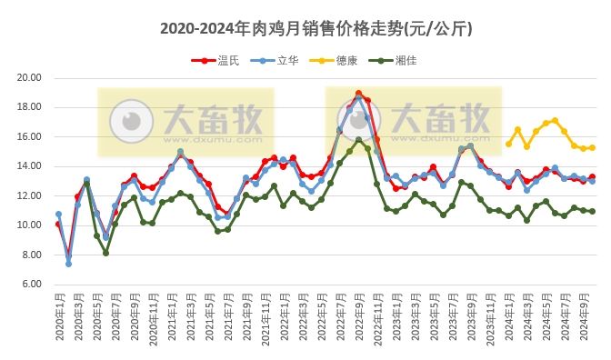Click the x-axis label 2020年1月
[x=58, y=317]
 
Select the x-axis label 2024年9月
[x=583, y=317]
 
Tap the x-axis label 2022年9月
[x=358, y=317]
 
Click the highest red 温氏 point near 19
[x=358, y=93]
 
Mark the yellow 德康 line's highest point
[x=555, y=120]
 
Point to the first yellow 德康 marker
[x=508, y=144]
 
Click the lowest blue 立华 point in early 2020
[x=68, y=264]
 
